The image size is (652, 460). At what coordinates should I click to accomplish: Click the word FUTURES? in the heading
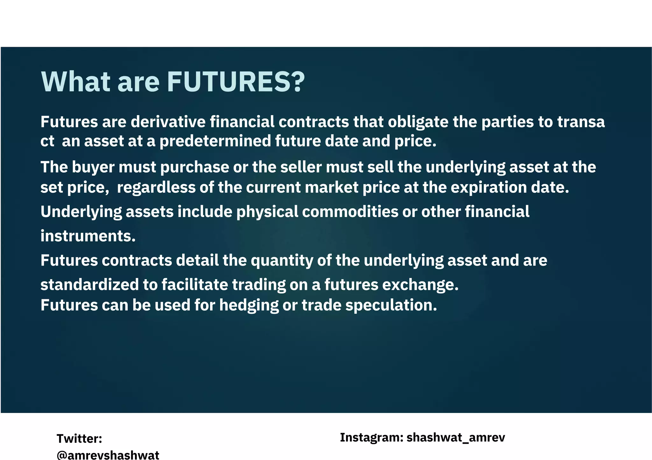coord(236,82)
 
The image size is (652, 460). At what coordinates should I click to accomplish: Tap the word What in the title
coord(76,82)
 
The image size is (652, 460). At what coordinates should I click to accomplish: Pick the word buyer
coord(93,167)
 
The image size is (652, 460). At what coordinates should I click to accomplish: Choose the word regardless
coord(156,187)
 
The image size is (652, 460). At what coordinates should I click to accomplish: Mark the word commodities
coord(350,212)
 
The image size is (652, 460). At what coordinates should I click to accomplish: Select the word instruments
coord(88,236)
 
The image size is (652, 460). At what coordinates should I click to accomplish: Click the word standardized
coord(89,284)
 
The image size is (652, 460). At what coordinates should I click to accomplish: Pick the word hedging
coord(249,305)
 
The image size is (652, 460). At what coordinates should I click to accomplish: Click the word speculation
coord(391,305)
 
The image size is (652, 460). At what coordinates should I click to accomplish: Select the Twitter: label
coord(79,439)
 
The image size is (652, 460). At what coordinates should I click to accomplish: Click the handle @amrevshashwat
coord(108,455)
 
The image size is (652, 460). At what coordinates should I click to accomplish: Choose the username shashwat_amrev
coord(456,437)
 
